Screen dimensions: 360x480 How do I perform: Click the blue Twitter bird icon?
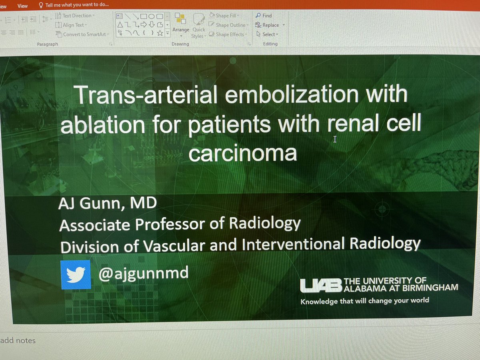pyautogui.click(x=75, y=274)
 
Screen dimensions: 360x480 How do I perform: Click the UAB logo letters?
pyautogui.click(x=321, y=285)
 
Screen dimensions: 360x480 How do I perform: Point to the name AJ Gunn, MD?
pyautogui.click(x=108, y=204)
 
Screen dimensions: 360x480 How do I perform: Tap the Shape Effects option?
pyautogui.click(x=230, y=34)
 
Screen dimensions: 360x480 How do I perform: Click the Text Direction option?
pyautogui.click(x=76, y=16)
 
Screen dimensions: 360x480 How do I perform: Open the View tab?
pyautogui.click(x=22, y=6)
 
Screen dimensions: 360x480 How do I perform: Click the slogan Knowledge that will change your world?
pyautogui.click(x=364, y=301)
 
